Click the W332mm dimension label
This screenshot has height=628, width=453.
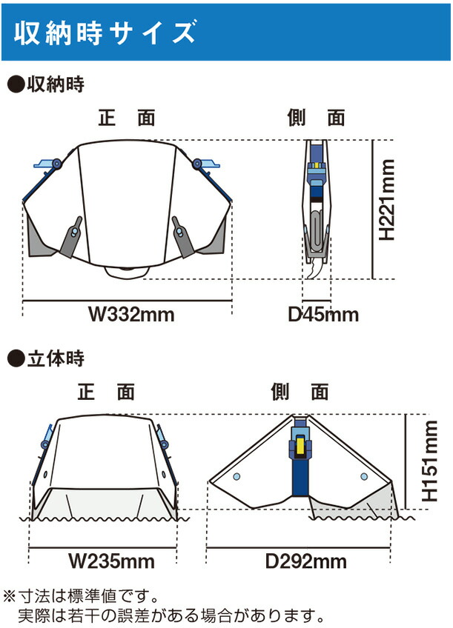[131, 314]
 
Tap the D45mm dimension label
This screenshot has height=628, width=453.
[323, 315]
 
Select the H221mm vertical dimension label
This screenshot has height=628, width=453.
[387, 200]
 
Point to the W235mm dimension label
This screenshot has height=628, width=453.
[111, 561]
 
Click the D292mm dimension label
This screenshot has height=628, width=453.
[306, 561]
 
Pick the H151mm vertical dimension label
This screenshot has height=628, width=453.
[430, 461]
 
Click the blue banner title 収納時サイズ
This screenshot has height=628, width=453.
[105, 32]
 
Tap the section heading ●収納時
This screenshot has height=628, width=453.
[46, 84]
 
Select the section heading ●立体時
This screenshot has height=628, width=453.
[46, 358]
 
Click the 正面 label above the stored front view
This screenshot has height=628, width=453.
[127, 118]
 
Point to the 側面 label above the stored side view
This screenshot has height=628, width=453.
[316, 118]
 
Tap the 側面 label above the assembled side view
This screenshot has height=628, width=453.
[300, 392]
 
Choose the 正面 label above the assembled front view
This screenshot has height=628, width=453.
[106, 392]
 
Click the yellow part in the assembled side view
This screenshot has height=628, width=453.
[300, 447]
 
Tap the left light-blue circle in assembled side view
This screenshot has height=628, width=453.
[237, 477]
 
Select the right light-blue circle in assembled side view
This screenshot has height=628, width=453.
[364, 477]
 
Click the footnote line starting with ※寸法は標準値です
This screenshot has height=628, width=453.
[82, 596]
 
